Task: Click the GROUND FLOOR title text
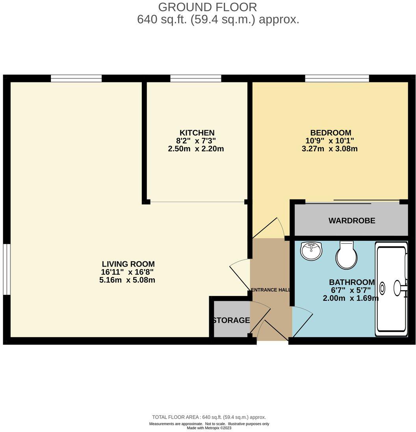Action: click(x=207, y=7)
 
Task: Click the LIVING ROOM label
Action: click(x=128, y=264)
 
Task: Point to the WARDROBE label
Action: click(x=351, y=221)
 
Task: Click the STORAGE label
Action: click(x=231, y=320)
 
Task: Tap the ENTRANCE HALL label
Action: click(x=271, y=290)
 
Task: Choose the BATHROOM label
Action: click(x=351, y=282)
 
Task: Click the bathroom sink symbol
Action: click(x=311, y=251)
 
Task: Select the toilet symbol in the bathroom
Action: click(x=346, y=255)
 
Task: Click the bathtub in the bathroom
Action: click(x=391, y=289)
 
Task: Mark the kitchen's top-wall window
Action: click(x=195, y=78)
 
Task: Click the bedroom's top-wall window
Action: click(x=336, y=78)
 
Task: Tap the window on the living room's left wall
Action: click(x=6, y=269)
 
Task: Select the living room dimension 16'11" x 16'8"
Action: click(x=127, y=272)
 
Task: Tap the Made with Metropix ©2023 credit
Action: click(x=209, y=428)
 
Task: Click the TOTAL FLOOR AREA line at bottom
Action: click(x=209, y=417)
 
